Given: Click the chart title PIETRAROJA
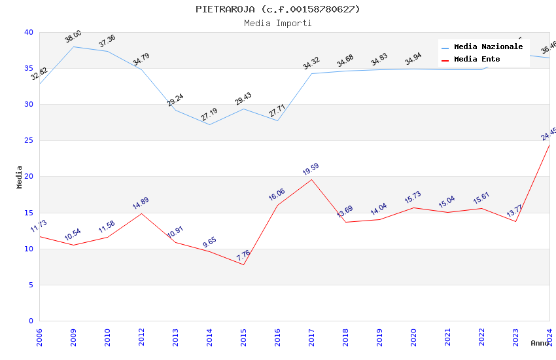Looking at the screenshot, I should coord(277,9).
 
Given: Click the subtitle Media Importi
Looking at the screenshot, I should coord(277,24).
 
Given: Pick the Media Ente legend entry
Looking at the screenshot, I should coord(477,60).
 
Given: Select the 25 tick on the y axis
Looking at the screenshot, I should coord(29,141).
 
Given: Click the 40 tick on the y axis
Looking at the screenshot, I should coord(29,33).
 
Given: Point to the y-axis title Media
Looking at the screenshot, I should coord(20,177).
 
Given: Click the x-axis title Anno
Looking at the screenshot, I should coord(540,343).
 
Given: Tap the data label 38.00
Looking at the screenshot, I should coord(73,37).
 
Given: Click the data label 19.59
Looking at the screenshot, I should coord(311,170).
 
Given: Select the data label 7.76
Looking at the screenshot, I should coord(243,255).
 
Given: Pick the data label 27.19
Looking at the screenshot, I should coord(209,115).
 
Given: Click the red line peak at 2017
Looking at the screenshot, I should coord(311,179).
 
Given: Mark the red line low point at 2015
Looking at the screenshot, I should coord(243,264).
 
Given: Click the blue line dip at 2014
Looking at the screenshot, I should coord(209,124).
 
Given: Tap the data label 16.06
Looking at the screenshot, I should coord(277,195).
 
